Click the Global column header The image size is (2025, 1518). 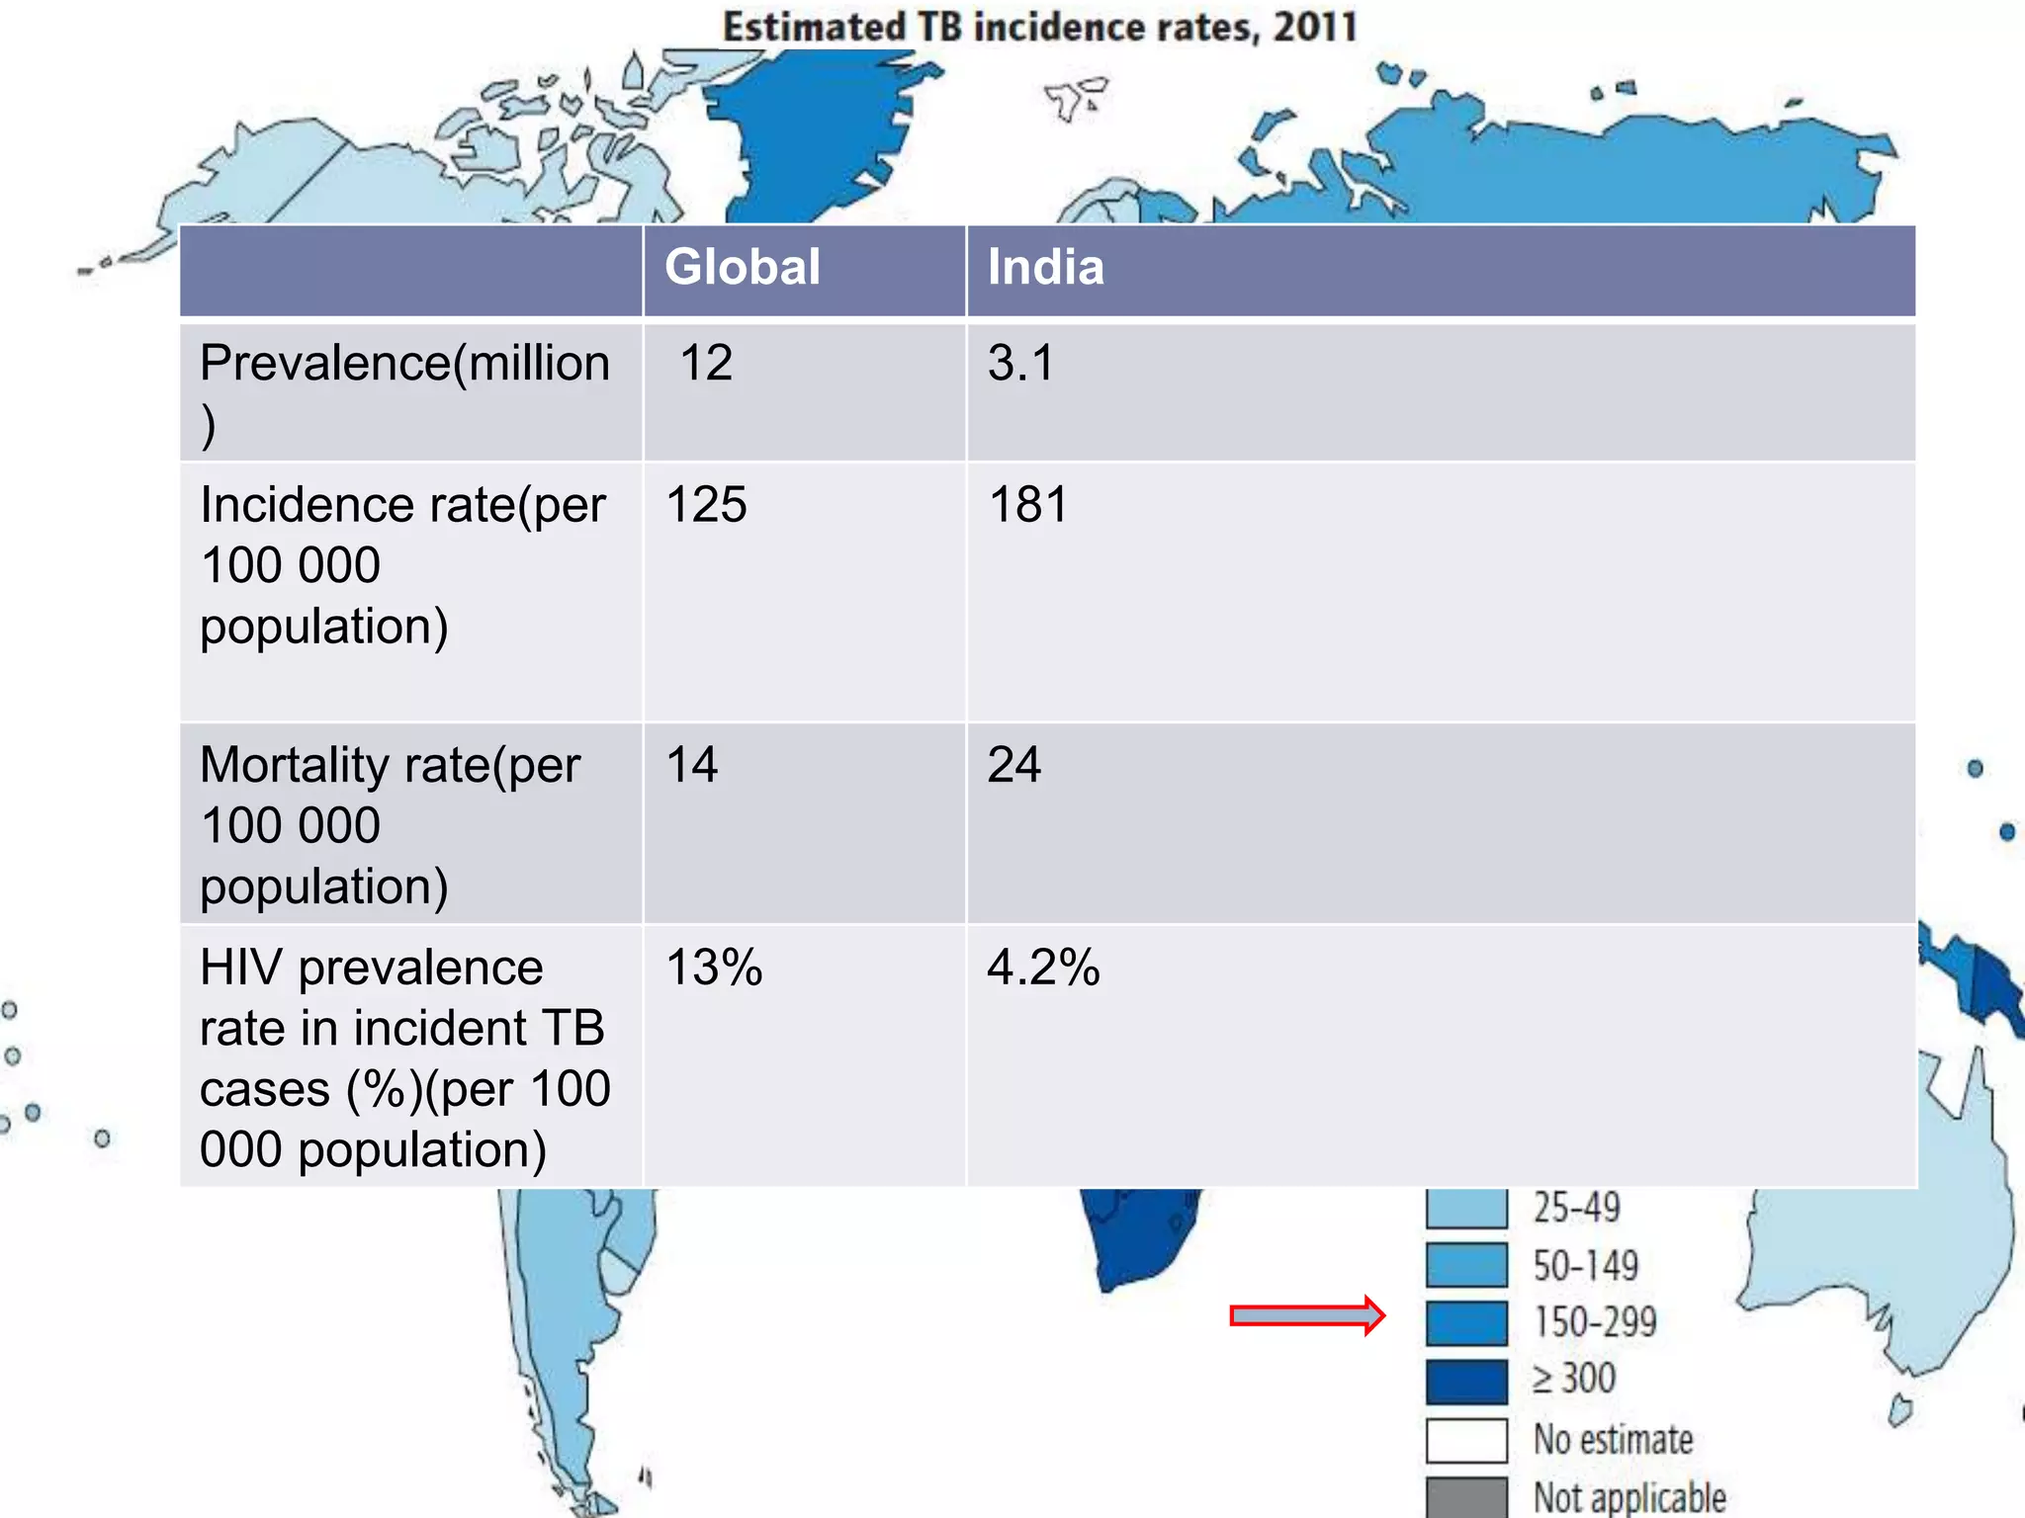(x=742, y=267)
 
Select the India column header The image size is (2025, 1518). (x=1045, y=267)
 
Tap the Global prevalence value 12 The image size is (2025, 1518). (x=706, y=363)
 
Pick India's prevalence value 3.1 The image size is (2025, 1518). (x=1020, y=363)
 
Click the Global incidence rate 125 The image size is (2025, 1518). (x=706, y=505)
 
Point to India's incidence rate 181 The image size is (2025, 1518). (x=1028, y=505)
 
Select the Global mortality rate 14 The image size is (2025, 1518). (x=692, y=765)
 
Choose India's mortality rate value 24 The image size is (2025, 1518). (x=1013, y=765)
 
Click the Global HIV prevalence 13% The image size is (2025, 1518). (x=714, y=968)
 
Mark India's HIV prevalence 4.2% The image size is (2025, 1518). (x=1043, y=968)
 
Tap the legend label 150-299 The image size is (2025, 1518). (x=1594, y=1322)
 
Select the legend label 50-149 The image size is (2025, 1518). (x=1585, y=1266)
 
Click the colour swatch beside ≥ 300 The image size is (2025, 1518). (x=1466, y=1382)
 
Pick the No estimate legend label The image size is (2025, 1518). (x=1613, y=1440)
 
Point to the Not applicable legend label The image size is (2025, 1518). (x=1629, y=1497)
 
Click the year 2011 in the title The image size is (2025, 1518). (x=1315, y=27)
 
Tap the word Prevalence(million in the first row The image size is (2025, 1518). (x=404, y=363)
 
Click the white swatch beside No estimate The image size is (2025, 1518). (x=1466, y=1440)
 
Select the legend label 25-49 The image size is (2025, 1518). (x=1576, y=1208)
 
